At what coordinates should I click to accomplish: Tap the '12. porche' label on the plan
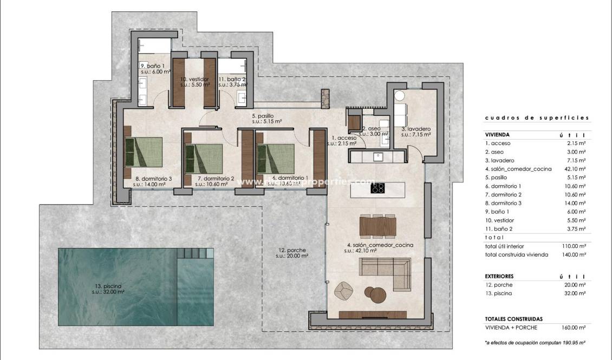tap(292, 250)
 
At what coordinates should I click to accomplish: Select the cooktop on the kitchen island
tap(378, 188)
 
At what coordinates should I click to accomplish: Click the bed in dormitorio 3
tap(144, 152)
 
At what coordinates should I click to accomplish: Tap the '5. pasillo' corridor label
tap(262, 116)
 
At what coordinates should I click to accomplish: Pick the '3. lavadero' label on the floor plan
tap(416, 129)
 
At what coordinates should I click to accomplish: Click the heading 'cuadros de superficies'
tap(537, 117)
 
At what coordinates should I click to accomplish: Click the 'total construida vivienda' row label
tap(516, 254)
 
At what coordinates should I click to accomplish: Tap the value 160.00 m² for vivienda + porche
tap(575, 328)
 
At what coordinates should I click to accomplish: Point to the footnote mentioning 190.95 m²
tap(536, 343)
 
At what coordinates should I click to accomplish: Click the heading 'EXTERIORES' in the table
tap(499, 276)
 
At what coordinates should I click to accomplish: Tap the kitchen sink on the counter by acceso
tap(379, 157)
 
